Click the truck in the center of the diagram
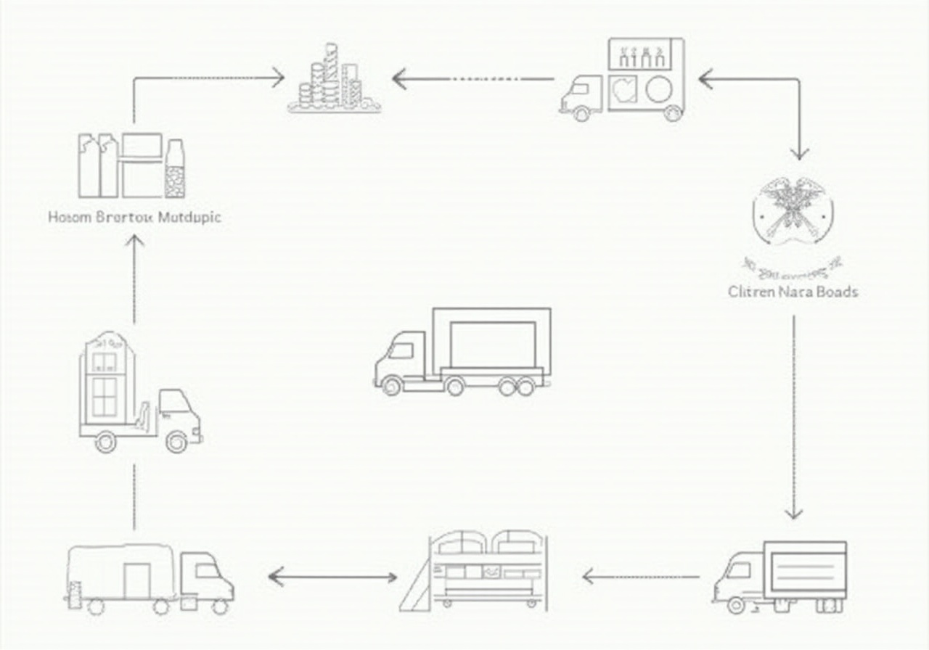(x=462, y=352)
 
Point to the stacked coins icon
(x=334, y=80)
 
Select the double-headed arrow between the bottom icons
(x=332, y=577)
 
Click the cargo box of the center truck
(x=492, y=344)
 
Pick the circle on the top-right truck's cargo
(x=659, y=90)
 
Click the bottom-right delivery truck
(x=780, y=577)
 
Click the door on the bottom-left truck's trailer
(x=136, y=580)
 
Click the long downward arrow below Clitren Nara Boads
(x=793, y=417)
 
